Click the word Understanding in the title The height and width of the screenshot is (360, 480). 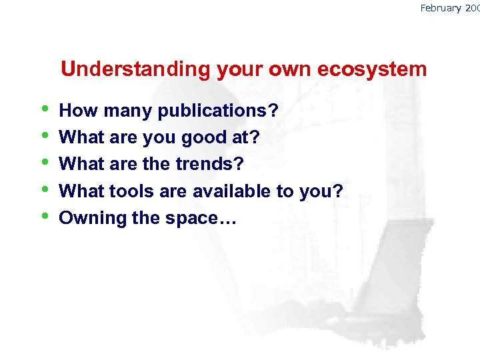coord(135,69)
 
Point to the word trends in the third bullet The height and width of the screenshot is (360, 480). coord(204,164)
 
